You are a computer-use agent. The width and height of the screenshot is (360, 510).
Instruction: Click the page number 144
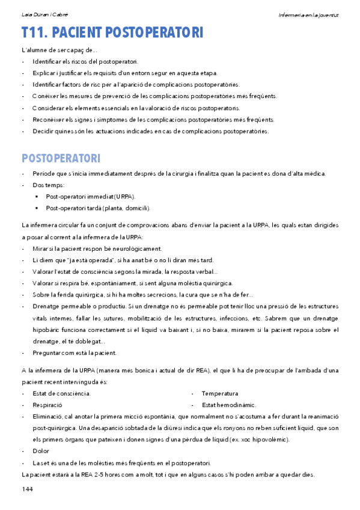click(27, 490)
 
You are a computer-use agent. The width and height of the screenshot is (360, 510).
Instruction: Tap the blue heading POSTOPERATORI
click(61, 159)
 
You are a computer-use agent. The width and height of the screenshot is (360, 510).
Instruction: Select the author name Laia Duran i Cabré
click(46, 13)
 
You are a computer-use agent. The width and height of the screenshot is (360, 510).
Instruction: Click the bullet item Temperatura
click(220, 393)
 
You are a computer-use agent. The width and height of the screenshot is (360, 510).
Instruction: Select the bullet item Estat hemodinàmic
click(229, 405)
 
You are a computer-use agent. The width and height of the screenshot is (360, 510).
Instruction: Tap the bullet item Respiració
click(48, 405)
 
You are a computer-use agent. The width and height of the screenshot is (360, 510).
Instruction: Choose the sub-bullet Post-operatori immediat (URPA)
click(91, 197)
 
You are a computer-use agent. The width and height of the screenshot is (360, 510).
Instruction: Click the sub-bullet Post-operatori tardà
click(98, 208)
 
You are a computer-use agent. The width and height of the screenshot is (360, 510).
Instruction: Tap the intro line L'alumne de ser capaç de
click(59, 50)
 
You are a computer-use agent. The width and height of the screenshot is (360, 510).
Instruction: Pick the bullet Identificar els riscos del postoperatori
click(85, 61)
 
